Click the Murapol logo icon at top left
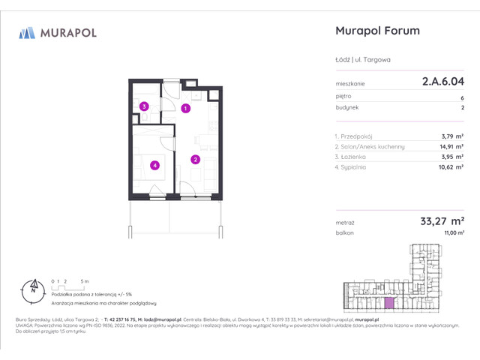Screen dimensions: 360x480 [x=27, y=32]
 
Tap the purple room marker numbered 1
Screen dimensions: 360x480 [x=184, y=109]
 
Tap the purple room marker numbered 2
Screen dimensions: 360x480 [x=195, y=159]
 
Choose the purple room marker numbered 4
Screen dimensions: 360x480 [x=154, y=165]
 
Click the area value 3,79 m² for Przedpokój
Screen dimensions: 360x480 [x=452, y=136]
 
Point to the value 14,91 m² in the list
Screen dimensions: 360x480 [x=450, y=147]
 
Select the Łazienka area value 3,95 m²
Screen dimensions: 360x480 [x=452, y=157]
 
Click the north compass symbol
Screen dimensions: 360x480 [x=32, y=287]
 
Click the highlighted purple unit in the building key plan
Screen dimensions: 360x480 [x=388, y=302]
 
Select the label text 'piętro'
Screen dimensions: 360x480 [x=343, y=97]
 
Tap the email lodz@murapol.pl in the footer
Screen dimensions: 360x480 [x=168, y=319]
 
